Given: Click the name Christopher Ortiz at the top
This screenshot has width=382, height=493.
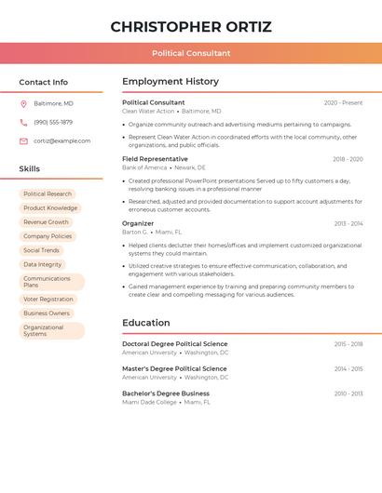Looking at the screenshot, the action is tap(191, 26).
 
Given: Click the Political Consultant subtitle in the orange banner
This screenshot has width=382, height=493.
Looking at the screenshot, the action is tap(191, 53).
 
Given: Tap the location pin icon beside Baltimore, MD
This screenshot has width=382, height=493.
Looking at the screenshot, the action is tap(23, 103).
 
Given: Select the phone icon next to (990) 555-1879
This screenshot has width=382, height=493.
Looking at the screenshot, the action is tap(23, 122).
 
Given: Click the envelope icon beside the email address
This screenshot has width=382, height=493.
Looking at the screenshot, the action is tap(23, 140).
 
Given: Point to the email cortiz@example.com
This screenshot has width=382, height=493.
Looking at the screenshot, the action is tap(62, 140).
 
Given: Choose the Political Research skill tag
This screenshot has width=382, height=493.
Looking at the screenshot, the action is tap(48, 194).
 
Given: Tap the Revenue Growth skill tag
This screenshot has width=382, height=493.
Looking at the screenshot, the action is tap(46, 222).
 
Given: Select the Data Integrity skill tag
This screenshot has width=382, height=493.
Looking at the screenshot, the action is tap(43, 264).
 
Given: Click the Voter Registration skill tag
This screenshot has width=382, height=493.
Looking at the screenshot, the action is tap(48, 300).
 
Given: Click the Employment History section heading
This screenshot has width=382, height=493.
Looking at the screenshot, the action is tap(171, 82).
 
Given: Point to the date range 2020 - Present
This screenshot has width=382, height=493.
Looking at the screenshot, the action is tap(343, 103).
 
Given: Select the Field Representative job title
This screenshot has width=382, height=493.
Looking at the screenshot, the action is tap(155, 159).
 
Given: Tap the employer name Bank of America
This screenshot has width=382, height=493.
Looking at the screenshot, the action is tap(144, 167).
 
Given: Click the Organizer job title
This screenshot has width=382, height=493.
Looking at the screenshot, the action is tap(138, 223).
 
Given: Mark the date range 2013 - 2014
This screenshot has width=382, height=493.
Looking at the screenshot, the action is tap(348, 224).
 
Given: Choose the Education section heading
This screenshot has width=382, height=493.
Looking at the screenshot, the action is tap(145, 323).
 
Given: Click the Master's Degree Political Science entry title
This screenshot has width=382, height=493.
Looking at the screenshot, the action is tap(174, 368).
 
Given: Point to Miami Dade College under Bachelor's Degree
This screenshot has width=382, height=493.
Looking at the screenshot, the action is tap(149, 402).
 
